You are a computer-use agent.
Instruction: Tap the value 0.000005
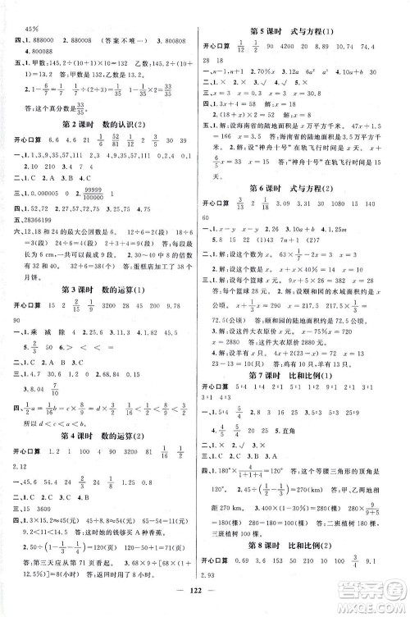53,210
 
